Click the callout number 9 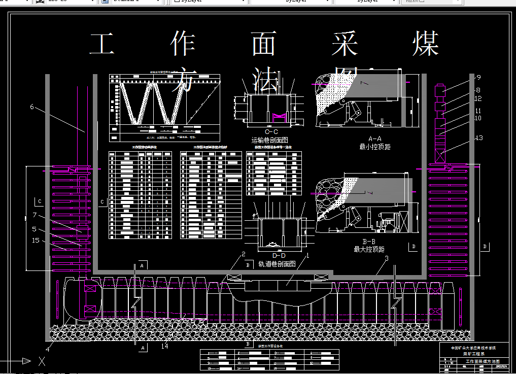[x=478, y=78]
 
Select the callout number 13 [x=479, y=138]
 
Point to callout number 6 [x=32, y=107]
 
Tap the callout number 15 [x=36, y=240]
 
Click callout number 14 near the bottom [x=164, y=347]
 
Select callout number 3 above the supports [x=387, y=259]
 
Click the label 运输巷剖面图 [x=269, y=140]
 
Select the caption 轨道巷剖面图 [x=277, y=264]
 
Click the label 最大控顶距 [x=369, y=250]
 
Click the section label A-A [x=374, y=139]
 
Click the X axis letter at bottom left [x=42, y=361]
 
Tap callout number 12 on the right [x=478, y=99]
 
